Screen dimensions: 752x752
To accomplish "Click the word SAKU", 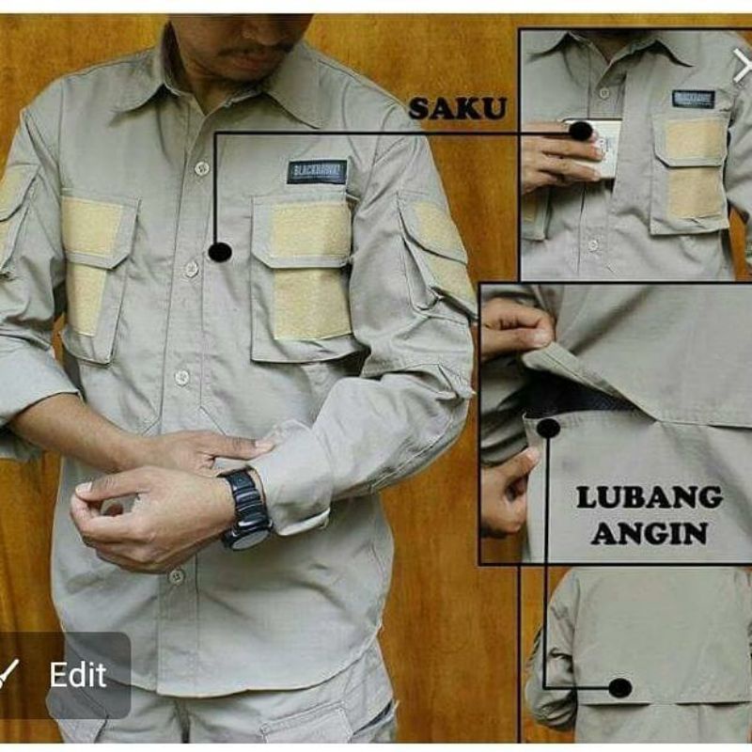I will (x=457, y=108).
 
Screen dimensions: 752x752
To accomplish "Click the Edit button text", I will (x=78, y=675).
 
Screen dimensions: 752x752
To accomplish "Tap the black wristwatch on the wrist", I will (x=245, y=508).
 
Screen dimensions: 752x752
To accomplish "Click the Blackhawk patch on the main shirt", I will (x=317, y=171).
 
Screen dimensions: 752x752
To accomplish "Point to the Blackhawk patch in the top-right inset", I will (x=694, y=99).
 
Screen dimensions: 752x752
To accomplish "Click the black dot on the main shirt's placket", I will (x=219, y=252).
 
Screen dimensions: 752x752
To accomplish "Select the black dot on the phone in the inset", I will (x=580, y=131).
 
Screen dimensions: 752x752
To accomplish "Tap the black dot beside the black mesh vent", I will (x=548, y=428).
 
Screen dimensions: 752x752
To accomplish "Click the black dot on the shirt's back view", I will (x=619, y=688).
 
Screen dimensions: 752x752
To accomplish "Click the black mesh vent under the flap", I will (x=573, y=395).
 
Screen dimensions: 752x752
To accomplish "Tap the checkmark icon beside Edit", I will (x=9, y=674).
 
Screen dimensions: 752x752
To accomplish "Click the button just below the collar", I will (x=201, y=168).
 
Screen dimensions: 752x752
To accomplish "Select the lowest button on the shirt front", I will (x=176, y=575).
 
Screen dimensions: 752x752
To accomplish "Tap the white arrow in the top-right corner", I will (x=742, y=66).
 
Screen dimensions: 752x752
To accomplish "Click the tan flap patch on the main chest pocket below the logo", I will (x=311, y=230).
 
